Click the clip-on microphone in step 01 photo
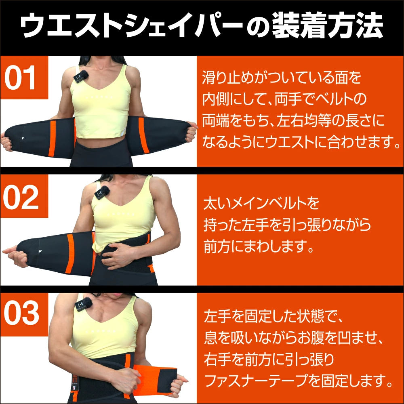coord(81,76)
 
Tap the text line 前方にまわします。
coord(258,246)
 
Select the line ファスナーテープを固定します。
coord(299,380)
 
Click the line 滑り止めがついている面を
coord(281,78)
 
